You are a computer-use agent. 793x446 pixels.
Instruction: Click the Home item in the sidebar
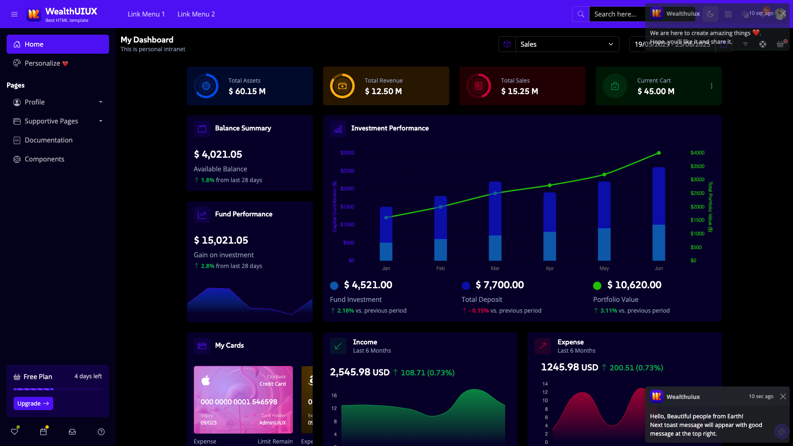pyautogui.click(x=57, y=44)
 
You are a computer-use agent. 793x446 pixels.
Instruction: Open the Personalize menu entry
pyautogui.click(x=46, y=63)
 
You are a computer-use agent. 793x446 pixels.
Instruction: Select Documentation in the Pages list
pyautogui.click(x=48, y=140)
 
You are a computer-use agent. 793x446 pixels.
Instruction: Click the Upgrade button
pyautogui.click(x=33, y=403)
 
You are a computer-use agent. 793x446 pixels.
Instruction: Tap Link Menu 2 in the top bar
pyautogui.click(x=196, y=14)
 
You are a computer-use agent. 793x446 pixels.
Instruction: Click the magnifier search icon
pyautogui.click(x=580, y=14)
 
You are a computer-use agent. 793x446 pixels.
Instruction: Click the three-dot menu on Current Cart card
pyautogui.click(x=711, y=86)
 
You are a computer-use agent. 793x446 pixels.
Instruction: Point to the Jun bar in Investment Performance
pyautogui.click(x=658, y=215)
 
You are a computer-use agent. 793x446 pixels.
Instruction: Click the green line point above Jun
pyautogui.click(x=659, y=153)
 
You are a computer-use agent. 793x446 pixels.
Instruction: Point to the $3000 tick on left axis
pyautogui.click(x=347, y=153)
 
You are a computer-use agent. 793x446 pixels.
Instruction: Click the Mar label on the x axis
pyautogui.click(x=495, y=268)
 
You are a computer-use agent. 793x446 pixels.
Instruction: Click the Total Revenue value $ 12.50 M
pyautogui.click(x=383, y=91)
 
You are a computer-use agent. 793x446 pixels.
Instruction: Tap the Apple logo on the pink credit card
pyautogui.click(x=206, y=380)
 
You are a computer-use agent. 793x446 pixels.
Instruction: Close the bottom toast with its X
pyautogui.click(x=783, y=396)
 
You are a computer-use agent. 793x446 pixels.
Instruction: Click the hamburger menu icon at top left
pyautogui.click(x=14, y=14)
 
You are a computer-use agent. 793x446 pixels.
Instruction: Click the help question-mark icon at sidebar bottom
pyautogui.click(x=101, y=432)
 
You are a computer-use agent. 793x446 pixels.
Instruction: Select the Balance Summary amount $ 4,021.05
pyautogui.click(x=218, y=154)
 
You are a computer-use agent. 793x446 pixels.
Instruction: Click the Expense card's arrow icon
pyautogui.click(x=542, y=346)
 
